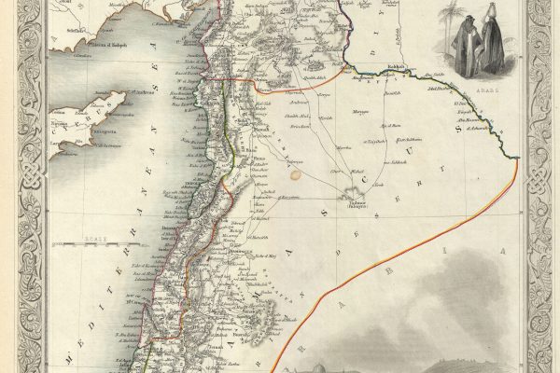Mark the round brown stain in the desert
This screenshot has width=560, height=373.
click(x=296, y=172)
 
